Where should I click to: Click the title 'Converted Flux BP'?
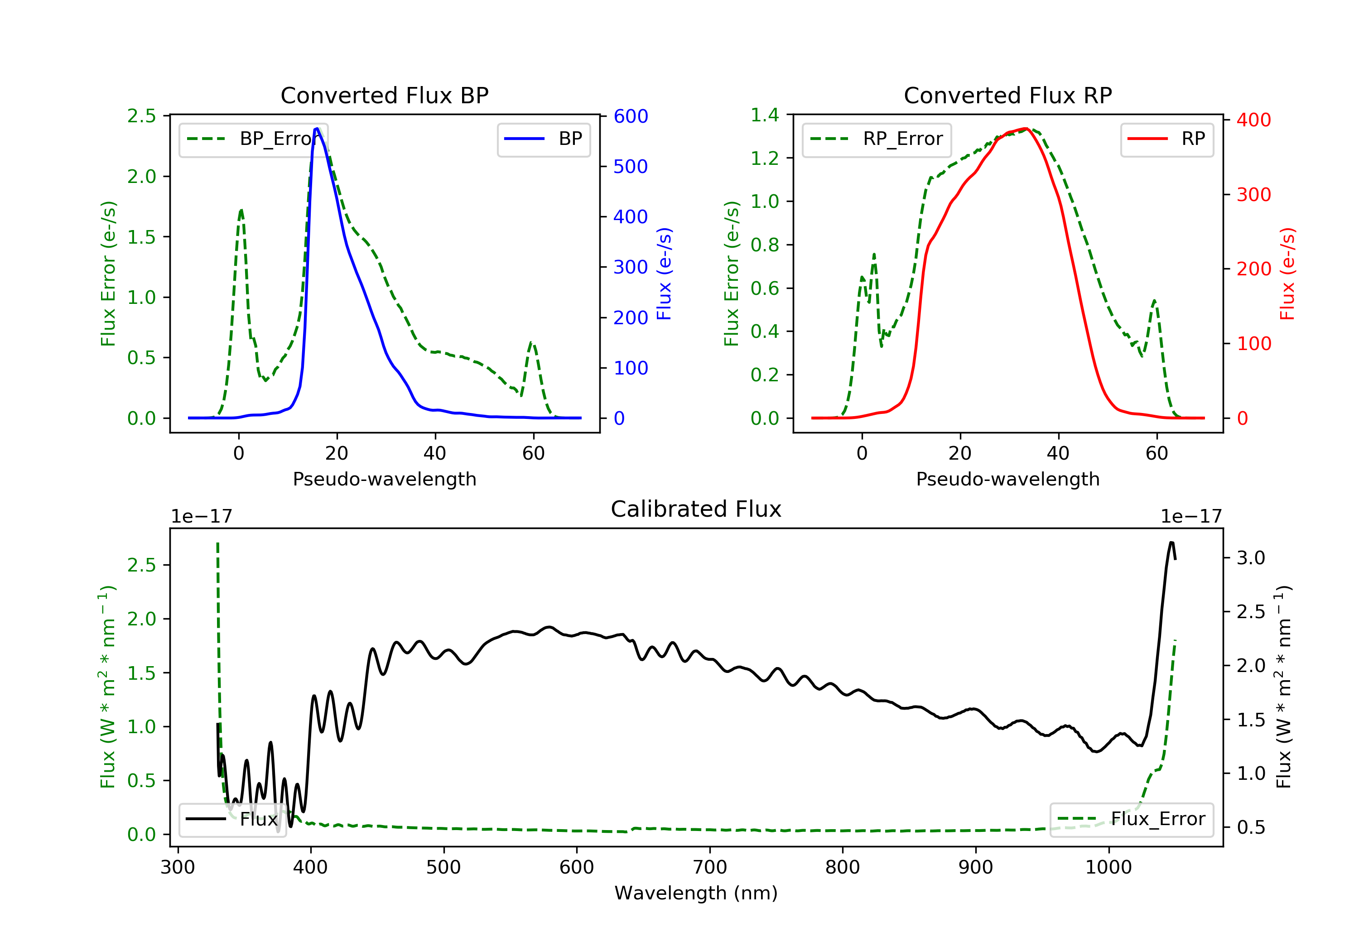pyautogui.click(x=384, y=95)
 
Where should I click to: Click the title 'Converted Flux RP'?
pyautogui.click(x=1007, y=95)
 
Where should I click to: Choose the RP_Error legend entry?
pyautogui.click(x=876, y=139)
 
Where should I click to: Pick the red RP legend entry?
pyautogui.click(x=1166, y=139)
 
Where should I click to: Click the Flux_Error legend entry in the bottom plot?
pyautogui.click(x=1131, y=819)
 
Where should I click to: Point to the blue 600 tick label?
pyautogui.click(x=631, y=116)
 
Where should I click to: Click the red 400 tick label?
pyautogui.click(x=1253, y=120)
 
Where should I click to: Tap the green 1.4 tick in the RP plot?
pyautogui.click(x=765, y=115)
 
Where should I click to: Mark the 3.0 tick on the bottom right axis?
pyautogui.click(x=1251, y=558)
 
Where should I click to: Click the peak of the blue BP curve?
pyautogui.click(x=317, y=129)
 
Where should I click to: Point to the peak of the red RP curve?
pyautogui.click(x=1026, y=129)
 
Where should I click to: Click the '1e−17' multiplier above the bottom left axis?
pyautogui.click(x=201, y=517)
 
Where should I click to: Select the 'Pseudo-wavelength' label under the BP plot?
pyautogui.click(x=384, y=479)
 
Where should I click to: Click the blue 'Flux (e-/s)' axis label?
pyautogui.click(x=664, y=274)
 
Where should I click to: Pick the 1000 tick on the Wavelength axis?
pyautogui.click(x=1108, y=868)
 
